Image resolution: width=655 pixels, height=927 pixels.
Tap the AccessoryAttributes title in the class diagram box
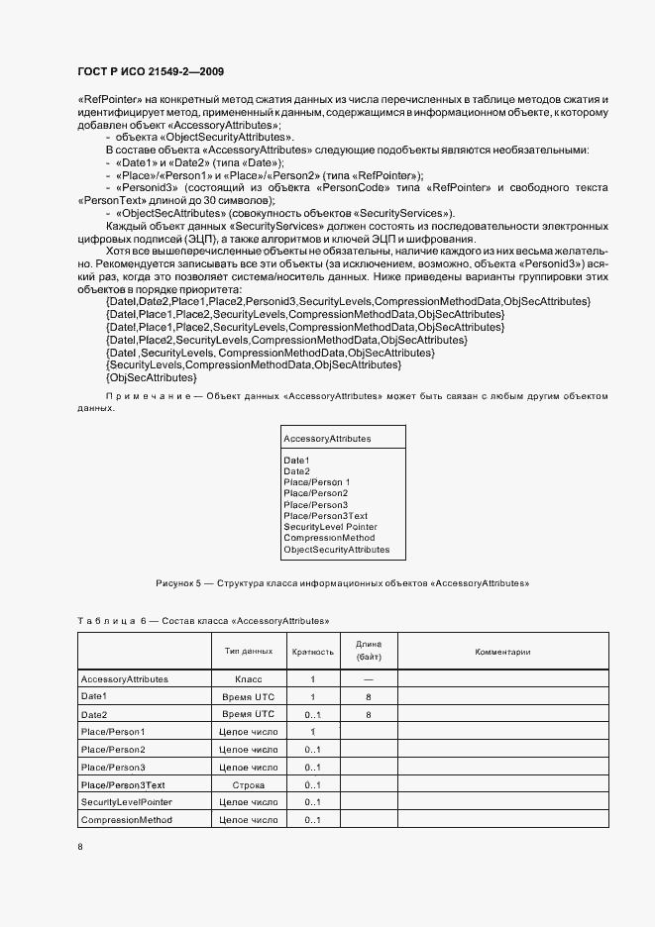[327, 438]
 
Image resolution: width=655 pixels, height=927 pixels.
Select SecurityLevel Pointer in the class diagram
[330, 527]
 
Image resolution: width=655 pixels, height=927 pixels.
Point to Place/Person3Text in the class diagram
[325, 516]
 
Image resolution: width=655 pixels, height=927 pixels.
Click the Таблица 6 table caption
[203, 621]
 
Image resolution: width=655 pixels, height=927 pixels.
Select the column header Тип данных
[248, 652]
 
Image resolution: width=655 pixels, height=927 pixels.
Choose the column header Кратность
[312, 652]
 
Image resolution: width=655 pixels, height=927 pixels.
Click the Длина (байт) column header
[368, 651]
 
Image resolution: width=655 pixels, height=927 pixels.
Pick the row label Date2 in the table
[93, 714]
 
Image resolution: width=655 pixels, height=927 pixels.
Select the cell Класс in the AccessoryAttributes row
[248, 679]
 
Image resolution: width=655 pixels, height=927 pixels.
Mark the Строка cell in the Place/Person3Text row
[248, 784]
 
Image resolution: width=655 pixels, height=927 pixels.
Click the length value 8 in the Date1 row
[368, 697]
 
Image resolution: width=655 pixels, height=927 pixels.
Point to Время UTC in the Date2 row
[248, 714]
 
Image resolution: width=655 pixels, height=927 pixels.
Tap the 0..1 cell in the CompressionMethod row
[313, 820]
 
